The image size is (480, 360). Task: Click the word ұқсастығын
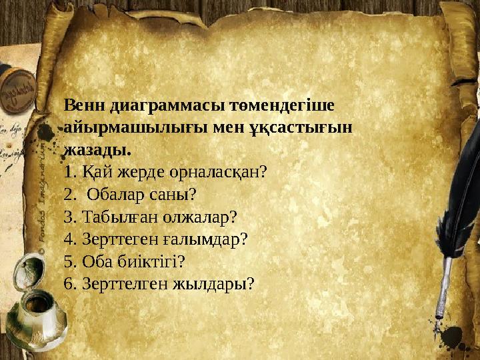[x=295, y=127]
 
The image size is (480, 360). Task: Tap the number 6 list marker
[x=69, y=283]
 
